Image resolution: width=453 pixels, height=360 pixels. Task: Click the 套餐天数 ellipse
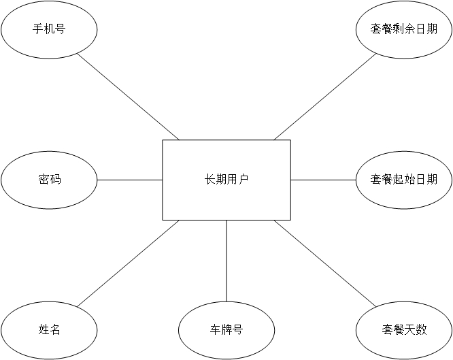coord(404,344)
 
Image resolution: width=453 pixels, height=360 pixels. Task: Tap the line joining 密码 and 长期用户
coord(129,180)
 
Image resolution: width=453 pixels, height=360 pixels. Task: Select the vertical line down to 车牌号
coord(227,260)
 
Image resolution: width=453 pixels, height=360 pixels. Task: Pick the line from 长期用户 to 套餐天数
coord(325,263)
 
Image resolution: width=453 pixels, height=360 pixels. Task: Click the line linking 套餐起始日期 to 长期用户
coord(324,180)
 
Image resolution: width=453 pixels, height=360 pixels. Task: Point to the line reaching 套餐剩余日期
coord(325,96)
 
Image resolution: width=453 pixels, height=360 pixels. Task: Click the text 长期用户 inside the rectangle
coord(227,180)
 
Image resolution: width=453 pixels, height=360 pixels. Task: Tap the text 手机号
coord(49,29)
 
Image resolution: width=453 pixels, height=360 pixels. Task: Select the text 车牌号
coord(227,330)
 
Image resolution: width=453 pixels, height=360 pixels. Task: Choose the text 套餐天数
coord(404,330)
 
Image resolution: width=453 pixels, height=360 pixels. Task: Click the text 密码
coord(49,180)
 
